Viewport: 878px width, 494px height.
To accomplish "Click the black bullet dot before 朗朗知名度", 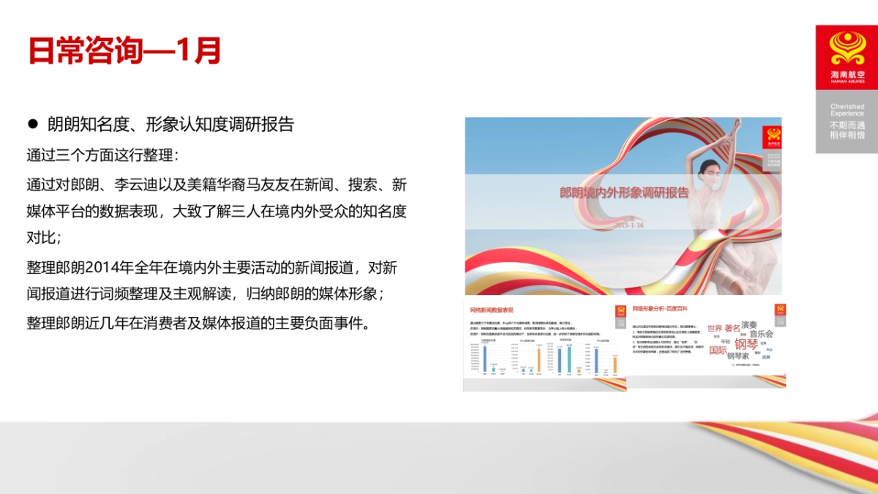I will tap(32, 124).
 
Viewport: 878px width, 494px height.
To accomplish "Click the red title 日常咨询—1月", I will tap(124, 50).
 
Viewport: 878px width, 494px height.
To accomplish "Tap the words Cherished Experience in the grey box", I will tap(847, 111).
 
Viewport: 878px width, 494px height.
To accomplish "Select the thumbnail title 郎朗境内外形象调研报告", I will tap(624, 193).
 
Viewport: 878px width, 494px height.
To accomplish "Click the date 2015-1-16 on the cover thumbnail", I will tap(629, 225).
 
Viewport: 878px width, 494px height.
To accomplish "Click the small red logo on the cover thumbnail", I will tap(771, 135).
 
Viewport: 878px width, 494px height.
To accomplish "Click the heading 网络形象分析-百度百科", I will tap(660, 310).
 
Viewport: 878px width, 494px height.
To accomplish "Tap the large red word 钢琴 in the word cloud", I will tap(746, 344).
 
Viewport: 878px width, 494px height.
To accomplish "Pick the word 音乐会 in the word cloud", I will tap(760, 334).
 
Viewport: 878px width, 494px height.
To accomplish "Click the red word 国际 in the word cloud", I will tap(718, 350).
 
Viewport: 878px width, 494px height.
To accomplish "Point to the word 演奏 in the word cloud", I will tap(749, 324).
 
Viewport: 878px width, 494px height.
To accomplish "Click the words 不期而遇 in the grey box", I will tap(847, 125).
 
